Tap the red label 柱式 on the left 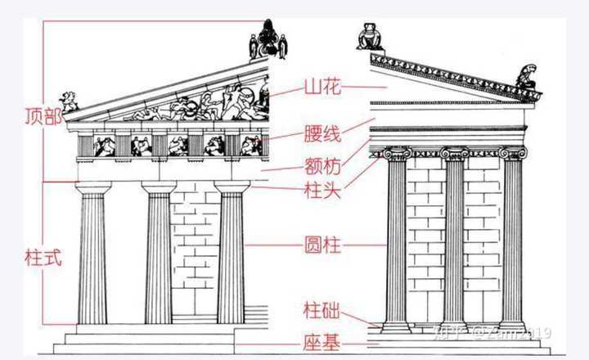click(x=43, y=256)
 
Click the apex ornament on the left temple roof click(x=267, y=39)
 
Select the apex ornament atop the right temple click(x=370, y=37)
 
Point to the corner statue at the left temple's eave click(x=70, y=102)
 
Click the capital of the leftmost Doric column click(x=93, y=189)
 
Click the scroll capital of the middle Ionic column click(x=455, y=153)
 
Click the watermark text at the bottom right click(x=503, y=332)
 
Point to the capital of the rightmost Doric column click(x=232, y=189)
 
